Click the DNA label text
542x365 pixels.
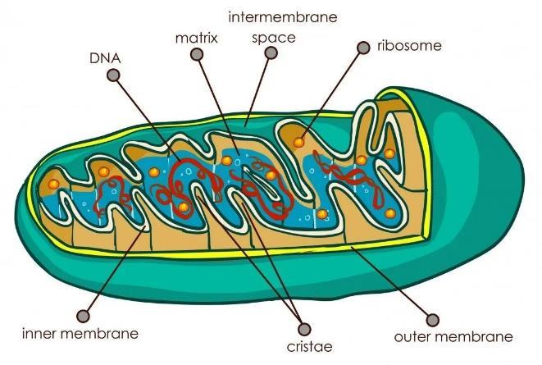103,59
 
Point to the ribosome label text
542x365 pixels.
408,45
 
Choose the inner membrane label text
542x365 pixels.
80,334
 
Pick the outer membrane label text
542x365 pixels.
453,336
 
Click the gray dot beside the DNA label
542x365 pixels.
113,75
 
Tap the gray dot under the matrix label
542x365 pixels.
196,55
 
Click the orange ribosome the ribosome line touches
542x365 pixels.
299,142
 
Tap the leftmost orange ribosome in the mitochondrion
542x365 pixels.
54,184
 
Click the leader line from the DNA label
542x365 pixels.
148,115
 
